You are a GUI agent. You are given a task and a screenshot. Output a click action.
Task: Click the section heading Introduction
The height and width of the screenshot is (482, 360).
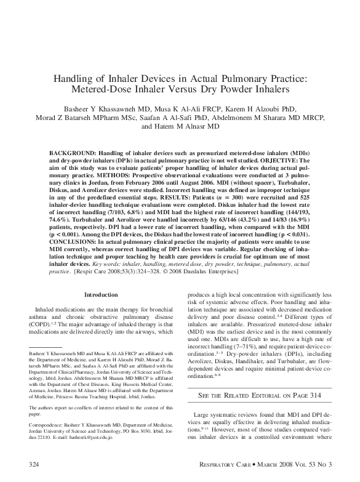point(100,295)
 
